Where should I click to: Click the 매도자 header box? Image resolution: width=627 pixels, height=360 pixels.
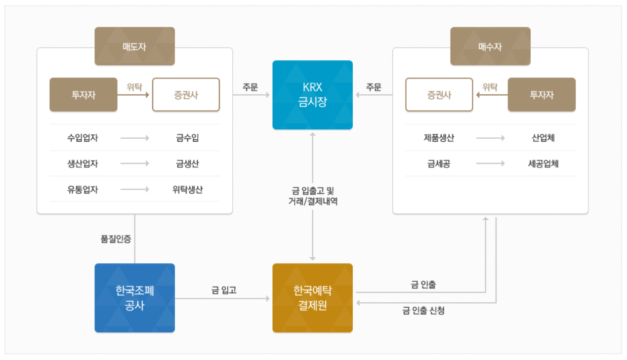pos(134,46)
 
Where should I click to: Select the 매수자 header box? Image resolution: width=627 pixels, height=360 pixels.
pos(490,46)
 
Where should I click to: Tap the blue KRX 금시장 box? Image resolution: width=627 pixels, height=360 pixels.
pos(312,95)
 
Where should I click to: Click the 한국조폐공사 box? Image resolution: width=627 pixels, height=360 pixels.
pos(134,298)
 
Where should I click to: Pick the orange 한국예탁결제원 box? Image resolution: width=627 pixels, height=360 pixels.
pos(312,298)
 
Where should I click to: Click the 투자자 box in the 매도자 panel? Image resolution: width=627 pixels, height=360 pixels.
pos(83,95)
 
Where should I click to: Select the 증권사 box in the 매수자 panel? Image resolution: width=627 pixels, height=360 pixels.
pos(439,95)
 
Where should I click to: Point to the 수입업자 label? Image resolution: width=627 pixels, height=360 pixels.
pos(83,138)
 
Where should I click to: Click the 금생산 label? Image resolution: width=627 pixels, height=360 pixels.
pos(187,164)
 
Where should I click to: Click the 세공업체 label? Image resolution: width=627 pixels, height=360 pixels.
pos(543,164)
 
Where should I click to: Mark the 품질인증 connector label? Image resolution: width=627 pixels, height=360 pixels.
pos(116,239)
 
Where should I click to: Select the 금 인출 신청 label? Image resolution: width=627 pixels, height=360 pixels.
pos(423,311)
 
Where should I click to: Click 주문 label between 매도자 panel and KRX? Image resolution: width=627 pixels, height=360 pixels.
pos(250,87)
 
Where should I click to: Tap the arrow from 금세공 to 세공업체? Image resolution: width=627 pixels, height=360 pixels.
pos(490,164)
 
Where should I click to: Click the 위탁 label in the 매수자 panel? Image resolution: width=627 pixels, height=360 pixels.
pos(490,87)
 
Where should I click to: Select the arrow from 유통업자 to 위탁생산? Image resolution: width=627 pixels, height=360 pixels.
pos(134,190)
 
